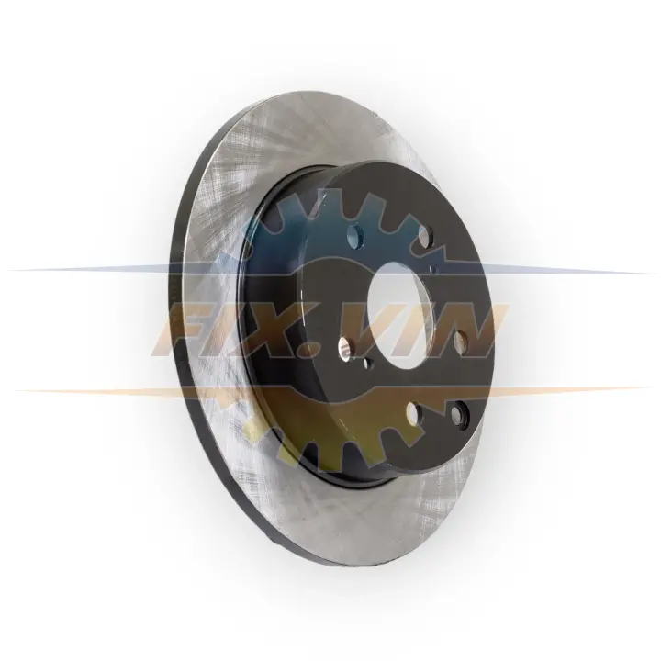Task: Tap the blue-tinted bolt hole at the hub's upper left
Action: [355, 236]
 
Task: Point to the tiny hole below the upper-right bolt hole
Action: [433, 268]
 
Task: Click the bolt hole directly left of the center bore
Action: [346, 348]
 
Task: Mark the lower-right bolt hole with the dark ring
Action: [458, 413]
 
